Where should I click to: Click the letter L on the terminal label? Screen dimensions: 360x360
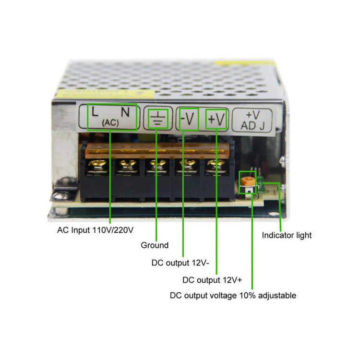[95, 111]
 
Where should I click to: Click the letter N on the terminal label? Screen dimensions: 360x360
[125, 112]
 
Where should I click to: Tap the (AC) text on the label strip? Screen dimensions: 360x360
[110, 123]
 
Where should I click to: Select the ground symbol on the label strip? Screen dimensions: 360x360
[158, 119]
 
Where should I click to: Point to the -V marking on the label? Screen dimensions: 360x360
[187, 119]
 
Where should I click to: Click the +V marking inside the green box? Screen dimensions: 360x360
[216, 120]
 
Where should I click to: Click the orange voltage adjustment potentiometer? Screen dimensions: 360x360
[247, 181]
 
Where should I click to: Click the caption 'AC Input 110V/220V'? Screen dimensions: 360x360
[95, 230]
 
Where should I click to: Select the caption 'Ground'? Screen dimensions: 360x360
[155, 245]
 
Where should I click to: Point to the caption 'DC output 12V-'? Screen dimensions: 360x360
[180, 263]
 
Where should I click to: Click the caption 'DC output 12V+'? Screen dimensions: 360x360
[212, 280]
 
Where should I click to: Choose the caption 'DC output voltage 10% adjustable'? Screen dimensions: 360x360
[233, 296]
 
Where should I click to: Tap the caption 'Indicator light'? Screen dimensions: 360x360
[287, 235]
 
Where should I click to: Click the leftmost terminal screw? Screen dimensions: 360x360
[97, 165]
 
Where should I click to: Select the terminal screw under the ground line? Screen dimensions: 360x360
[157, 165]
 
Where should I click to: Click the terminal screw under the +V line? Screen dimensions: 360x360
[216, 165]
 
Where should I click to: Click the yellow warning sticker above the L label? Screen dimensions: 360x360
[106, 94]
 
